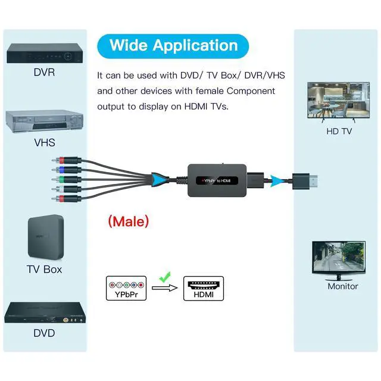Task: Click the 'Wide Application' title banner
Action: click(173, 45)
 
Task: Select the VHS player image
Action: click(44, 122)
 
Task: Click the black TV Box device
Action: click(45, 237)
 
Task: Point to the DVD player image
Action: click(44, 313)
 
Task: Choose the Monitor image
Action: click(339, 260)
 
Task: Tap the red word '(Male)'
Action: click(128, 221)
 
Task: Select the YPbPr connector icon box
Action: click(126, 288)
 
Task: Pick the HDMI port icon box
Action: click(203, 288)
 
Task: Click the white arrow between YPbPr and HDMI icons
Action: click(165, 288)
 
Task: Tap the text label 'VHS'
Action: click(45, 143)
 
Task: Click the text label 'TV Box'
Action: click(45, 269)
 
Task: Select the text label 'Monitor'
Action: click(343, 286)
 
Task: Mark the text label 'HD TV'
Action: click(339, 131)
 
